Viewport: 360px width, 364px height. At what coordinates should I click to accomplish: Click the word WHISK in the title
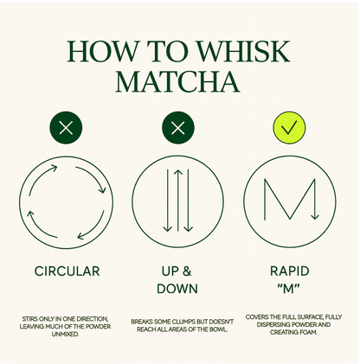pyautogui.click(x=243, y=51)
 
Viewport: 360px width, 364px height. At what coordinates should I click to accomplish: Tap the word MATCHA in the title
pyautogui.click(x=177, y=81)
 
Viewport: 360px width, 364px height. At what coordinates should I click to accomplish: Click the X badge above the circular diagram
pyautogui.click(x=66, y=128)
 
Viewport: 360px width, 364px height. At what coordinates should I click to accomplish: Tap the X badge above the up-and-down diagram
pyautogui.click(x=178, y=128)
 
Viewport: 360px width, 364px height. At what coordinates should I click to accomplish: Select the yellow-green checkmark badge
pyautogui.click(x=289, y=128)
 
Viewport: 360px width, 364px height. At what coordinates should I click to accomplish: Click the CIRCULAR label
pyautogui.click(x=67, y=271)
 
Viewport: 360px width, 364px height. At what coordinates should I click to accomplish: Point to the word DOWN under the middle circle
pyautogui.click(x=177, y=289)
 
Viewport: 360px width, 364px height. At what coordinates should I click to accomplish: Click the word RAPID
pyautogui.click(x=289, y=271)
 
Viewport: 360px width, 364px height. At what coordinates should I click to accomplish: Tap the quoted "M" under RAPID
pyautogui.click(x=289, y=288)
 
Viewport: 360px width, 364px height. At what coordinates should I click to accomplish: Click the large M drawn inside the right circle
pyautogui.click(x=264, y=199)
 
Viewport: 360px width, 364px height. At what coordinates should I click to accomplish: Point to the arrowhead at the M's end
pyautogui.click(x=315, y=217)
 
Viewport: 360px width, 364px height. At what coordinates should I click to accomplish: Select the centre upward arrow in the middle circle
pyautogui.click(x=178, y=200)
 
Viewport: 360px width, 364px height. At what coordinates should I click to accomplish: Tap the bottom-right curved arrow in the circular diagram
pyautogui.click(x=93, y=227)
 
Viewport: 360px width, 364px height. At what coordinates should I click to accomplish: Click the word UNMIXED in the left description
pyautogui.click(x=65, y=335)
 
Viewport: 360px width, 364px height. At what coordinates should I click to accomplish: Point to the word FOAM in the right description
pyautogui.click(x=309, y=332)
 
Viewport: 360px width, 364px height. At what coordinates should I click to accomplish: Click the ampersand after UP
pyautogui.click(x=187, y=271)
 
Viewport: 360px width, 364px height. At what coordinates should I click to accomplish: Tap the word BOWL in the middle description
pyautogui.click(x=219, y=329)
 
